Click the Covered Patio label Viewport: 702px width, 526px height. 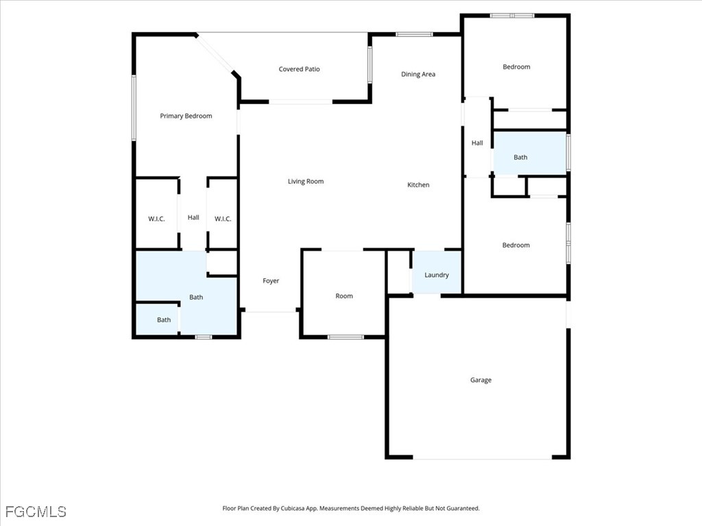[299, 69]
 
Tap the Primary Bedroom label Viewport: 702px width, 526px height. [186, 116]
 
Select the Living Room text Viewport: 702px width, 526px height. [305, 181]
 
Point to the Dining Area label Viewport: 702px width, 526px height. [417, 74]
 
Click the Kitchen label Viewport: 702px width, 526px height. [418, 185]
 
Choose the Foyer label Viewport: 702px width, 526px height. [270, 281]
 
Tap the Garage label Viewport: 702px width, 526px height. [481, 380]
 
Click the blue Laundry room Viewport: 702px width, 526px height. [437, 273]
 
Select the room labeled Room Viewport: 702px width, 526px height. [344, 293]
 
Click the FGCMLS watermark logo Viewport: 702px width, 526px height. [36, 512]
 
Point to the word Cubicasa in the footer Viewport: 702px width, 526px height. [293, 509]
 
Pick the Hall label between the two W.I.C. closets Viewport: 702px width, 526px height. [193, 217]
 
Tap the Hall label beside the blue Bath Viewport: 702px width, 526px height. [477, 143]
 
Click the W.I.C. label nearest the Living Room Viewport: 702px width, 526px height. [223, 218]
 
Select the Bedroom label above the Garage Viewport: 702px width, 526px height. [516, 245]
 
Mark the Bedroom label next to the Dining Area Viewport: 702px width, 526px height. [516, 67]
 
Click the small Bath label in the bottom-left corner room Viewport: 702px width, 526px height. [164, 320]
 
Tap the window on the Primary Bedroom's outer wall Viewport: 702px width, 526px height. [134, 108]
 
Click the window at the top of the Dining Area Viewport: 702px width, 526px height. [414, 34]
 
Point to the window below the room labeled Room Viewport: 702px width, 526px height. [346, 337]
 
